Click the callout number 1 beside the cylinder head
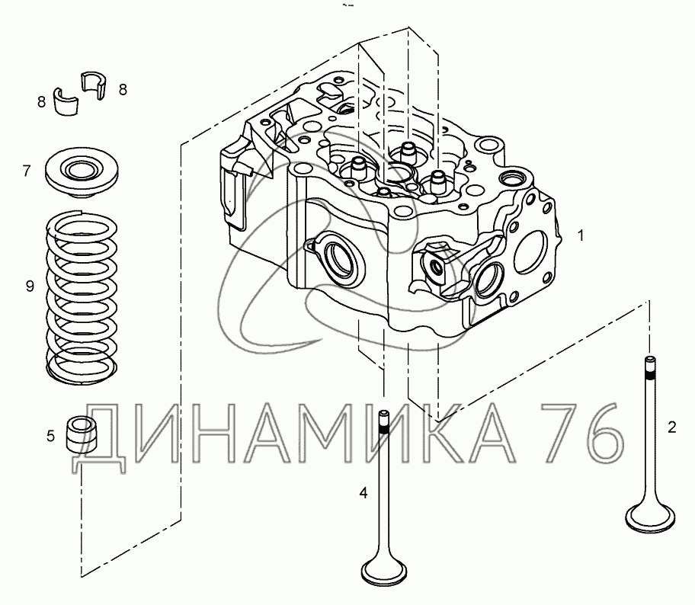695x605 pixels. [x=580, y=235]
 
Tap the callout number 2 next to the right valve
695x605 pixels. [x=672, y=427]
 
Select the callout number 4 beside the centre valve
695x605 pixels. [x=364, y=492]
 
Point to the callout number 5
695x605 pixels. [x=50, y=436]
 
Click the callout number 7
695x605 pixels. [x=27, y=171]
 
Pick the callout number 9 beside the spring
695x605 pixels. [x=30, y=286]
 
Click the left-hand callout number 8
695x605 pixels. [x=41, y=102]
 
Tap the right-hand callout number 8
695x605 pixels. [x=123, y=90]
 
